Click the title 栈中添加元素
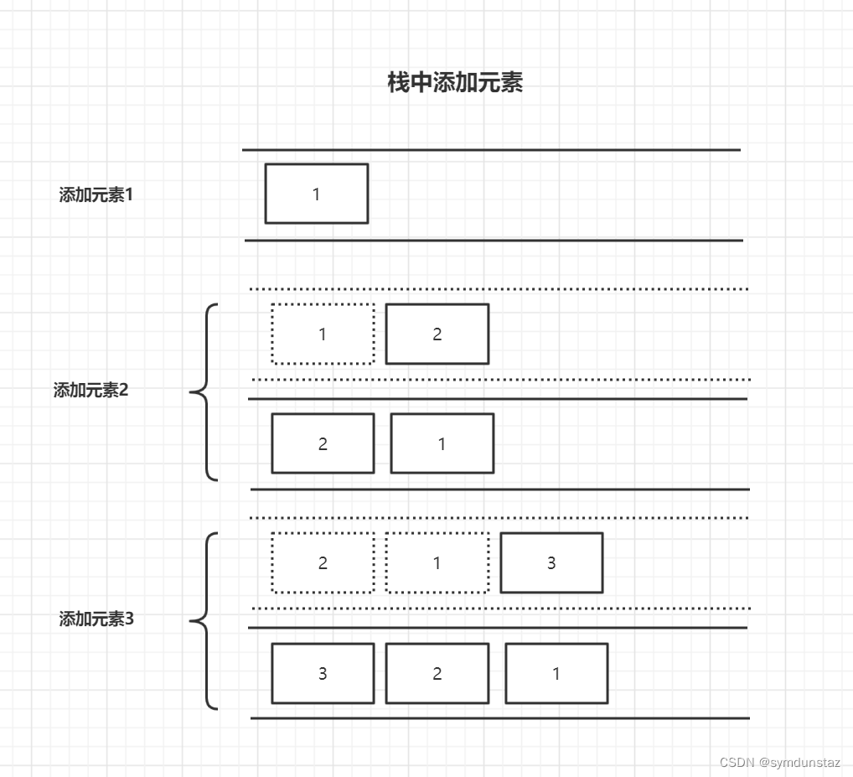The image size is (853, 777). pos(455,83)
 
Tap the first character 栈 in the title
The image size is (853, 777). pos(398,83)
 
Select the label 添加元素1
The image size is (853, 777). pos(96,195)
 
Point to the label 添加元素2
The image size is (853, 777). pos(91,391)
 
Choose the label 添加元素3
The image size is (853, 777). pos(96,619)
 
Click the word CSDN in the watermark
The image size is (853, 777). pos(737,763)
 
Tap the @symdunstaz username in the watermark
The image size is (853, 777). pos(799,763)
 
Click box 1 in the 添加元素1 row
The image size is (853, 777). pos(317,194)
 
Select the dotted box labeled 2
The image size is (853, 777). pos(323,562)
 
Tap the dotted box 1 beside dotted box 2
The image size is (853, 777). pos(437,562)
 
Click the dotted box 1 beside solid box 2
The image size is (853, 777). pos(323,334)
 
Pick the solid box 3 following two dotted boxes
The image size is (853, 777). pos(551,562)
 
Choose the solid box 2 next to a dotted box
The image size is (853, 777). pos(437,334)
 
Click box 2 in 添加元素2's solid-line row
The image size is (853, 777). pos(323,443)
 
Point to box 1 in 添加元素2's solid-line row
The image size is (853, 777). pos(442,443)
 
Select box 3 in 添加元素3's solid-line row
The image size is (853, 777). pos(323,673)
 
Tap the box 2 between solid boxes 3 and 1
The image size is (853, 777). pos(437,673)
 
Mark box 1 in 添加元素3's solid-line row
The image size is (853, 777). pos(556,673)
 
